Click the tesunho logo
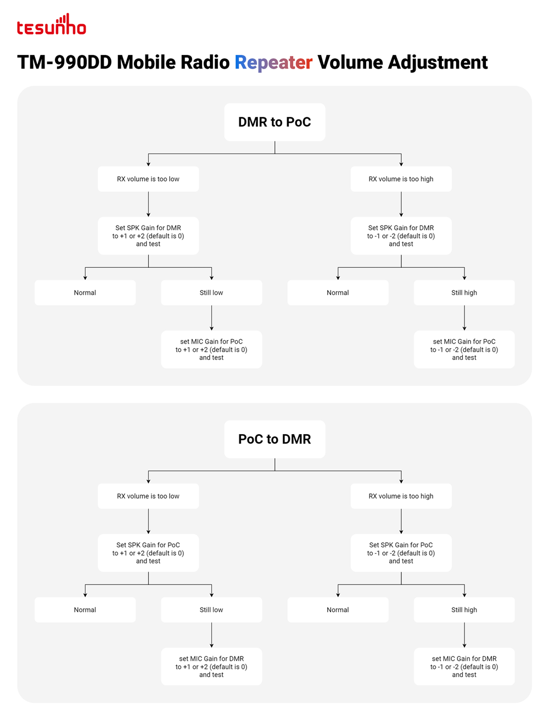(52, 24)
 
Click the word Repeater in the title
(273, 63)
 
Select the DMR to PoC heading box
(274, 122)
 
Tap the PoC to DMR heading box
(274, 439)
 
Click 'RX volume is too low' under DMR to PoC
(148, 179)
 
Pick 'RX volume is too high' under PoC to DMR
(401, 496)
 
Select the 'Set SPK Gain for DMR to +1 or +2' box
(148, 235)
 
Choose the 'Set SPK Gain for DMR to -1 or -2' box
(401, 235)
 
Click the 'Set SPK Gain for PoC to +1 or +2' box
(148, 553)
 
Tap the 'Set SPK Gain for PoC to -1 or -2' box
(401, 553)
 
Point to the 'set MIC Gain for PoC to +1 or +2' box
(211, 350)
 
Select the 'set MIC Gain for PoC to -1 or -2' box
(464, 350)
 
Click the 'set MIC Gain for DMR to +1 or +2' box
(211, 666)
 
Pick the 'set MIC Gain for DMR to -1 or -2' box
(464, 666)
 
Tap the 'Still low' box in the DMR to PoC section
(211, 292)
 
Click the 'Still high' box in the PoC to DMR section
(464, 610)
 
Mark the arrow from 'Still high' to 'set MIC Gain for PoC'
(464, 318)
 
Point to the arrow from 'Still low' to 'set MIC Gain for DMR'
(212, 635)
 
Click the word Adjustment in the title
(438, 63)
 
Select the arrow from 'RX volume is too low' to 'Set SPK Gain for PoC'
(148, 521)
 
